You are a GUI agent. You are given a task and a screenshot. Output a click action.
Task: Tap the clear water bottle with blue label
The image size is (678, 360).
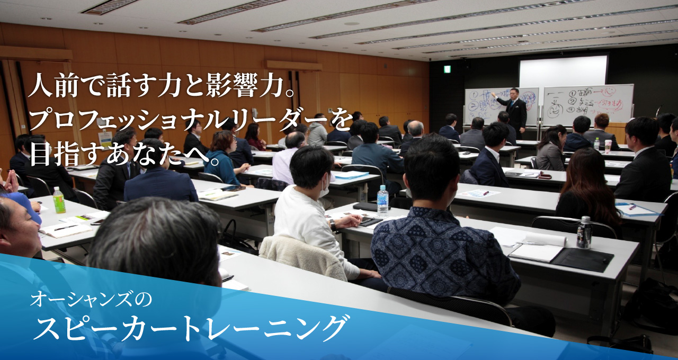(382, 200)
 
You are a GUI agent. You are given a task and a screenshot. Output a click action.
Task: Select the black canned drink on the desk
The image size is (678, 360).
(584, 232)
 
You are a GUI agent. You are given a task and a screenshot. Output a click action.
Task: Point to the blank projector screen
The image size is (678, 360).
(563, 71)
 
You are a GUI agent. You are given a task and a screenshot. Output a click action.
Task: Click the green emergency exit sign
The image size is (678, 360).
(447, 69)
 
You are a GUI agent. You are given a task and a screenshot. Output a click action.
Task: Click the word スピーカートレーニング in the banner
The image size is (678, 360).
(191, 329)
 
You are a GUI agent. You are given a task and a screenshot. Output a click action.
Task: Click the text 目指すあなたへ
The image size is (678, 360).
(124, 154)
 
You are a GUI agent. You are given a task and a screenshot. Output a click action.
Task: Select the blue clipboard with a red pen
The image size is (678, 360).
(638, 209)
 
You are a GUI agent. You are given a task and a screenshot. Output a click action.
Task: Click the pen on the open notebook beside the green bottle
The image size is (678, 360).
(66, 228)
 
